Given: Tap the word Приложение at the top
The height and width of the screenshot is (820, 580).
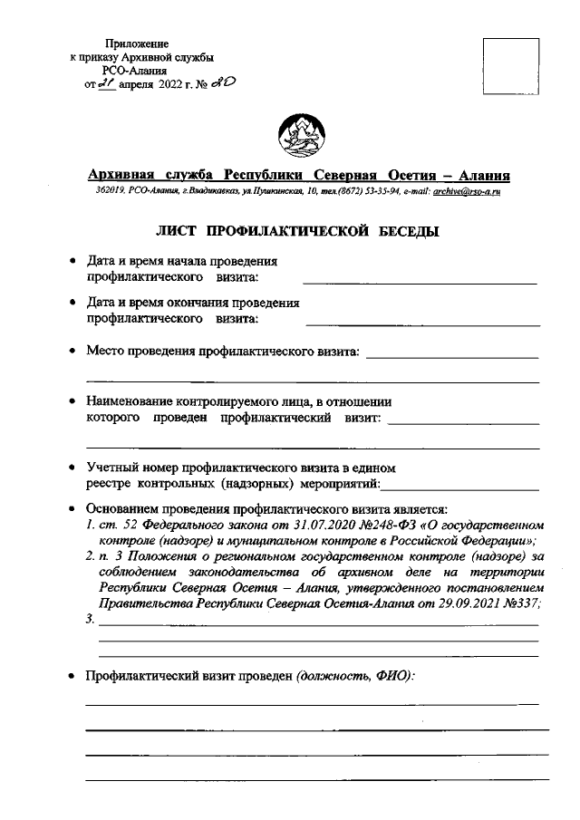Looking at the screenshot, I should pyautogui.click(x=137, y=43).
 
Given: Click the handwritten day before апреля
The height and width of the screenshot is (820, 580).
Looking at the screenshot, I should pyautogui.click(x=107, y=84).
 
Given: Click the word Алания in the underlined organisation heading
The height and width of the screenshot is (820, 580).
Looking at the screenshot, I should pyautogui.click(x=478, y=175).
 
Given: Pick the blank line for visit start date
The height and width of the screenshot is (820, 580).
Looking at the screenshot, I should pyautogui.click(x=419, y=284).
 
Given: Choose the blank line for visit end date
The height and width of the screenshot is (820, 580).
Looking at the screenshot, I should pyautogui.click(x=422, y=323).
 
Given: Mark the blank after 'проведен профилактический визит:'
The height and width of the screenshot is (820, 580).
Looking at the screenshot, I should pyautogui.click(x=463, y=423).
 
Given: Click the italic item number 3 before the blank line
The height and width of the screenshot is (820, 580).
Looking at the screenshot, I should pyautogui.click(x=89, y=621).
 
